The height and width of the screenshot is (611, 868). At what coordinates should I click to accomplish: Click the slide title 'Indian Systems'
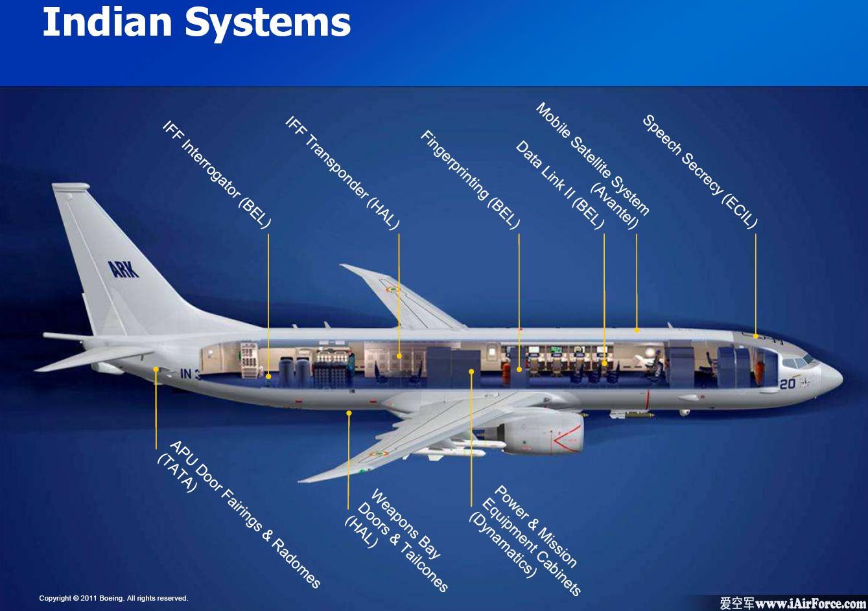(196, 23)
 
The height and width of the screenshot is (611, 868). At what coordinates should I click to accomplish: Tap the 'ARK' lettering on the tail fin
(123, 269)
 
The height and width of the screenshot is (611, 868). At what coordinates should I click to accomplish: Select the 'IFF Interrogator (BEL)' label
(217, 174)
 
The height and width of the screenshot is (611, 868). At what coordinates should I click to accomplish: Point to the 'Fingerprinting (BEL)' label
(470, 179)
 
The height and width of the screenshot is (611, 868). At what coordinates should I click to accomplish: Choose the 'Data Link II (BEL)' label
(559, 185)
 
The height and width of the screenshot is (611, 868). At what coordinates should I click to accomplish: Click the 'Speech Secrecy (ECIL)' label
(699, 172)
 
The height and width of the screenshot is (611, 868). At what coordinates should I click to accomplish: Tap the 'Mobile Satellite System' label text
(592, 159)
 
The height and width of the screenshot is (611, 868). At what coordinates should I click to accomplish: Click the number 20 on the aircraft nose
(787, 384)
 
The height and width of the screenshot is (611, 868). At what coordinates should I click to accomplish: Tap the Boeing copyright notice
(113, 598)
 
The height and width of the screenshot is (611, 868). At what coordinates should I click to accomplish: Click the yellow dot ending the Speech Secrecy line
(755, 336)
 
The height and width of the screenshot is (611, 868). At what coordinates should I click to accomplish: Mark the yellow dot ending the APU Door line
(156, 369)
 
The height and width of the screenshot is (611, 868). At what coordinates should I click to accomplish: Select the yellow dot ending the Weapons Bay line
(349, 413)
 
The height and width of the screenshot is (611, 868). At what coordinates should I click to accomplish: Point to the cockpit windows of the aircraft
(799, 362)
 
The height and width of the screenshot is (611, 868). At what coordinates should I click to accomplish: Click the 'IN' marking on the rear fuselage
(186, 374)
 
